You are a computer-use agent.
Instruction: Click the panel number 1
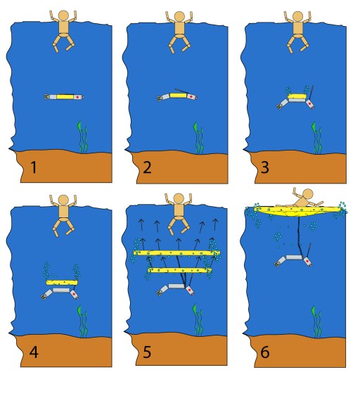[34, 167]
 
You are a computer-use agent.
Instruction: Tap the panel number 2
[147, 167]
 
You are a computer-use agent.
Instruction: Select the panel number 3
[265, 167]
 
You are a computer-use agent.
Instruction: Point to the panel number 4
[34, 352]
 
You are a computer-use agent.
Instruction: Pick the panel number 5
[147, 352]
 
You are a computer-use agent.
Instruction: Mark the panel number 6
[265, 352]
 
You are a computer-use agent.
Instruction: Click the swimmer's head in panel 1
[63, 15]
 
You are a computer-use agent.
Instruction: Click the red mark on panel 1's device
[77, 97]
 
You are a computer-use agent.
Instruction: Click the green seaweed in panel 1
[82, 137]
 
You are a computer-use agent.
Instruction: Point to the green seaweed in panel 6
[316, 321]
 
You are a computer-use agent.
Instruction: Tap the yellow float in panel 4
[62, 283]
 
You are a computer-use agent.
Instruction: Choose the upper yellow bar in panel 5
[176, 253]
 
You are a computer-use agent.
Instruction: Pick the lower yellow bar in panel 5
[180, 270]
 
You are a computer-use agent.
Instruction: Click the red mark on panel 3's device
[310, 103]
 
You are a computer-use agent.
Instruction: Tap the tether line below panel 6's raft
[300, 236]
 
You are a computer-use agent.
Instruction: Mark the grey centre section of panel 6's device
[294, 257]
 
